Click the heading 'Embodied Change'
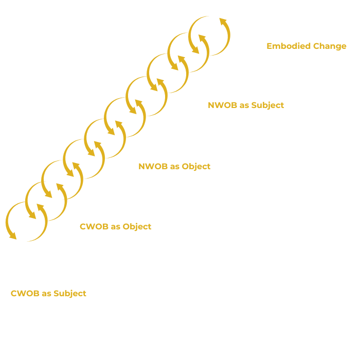coord(306,46)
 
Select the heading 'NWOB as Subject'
coord(245,105)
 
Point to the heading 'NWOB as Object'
coord(174,167)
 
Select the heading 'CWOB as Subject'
coord(48,294)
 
